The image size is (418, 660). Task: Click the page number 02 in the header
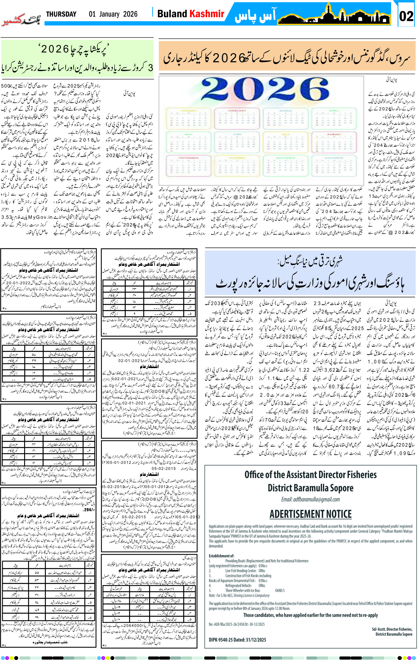406,16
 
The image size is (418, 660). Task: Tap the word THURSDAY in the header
61,14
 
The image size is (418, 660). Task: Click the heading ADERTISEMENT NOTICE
310,514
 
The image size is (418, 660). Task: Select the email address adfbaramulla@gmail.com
310,499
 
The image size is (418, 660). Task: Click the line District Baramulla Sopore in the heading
310,488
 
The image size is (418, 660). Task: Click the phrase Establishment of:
221,556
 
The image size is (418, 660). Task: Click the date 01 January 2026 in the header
113,14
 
